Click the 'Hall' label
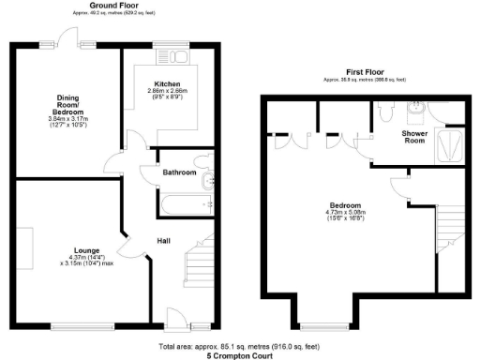(163, 242)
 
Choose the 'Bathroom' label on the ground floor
(180, 172)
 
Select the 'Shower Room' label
(414, 138)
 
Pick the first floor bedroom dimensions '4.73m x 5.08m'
(345, 213)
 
